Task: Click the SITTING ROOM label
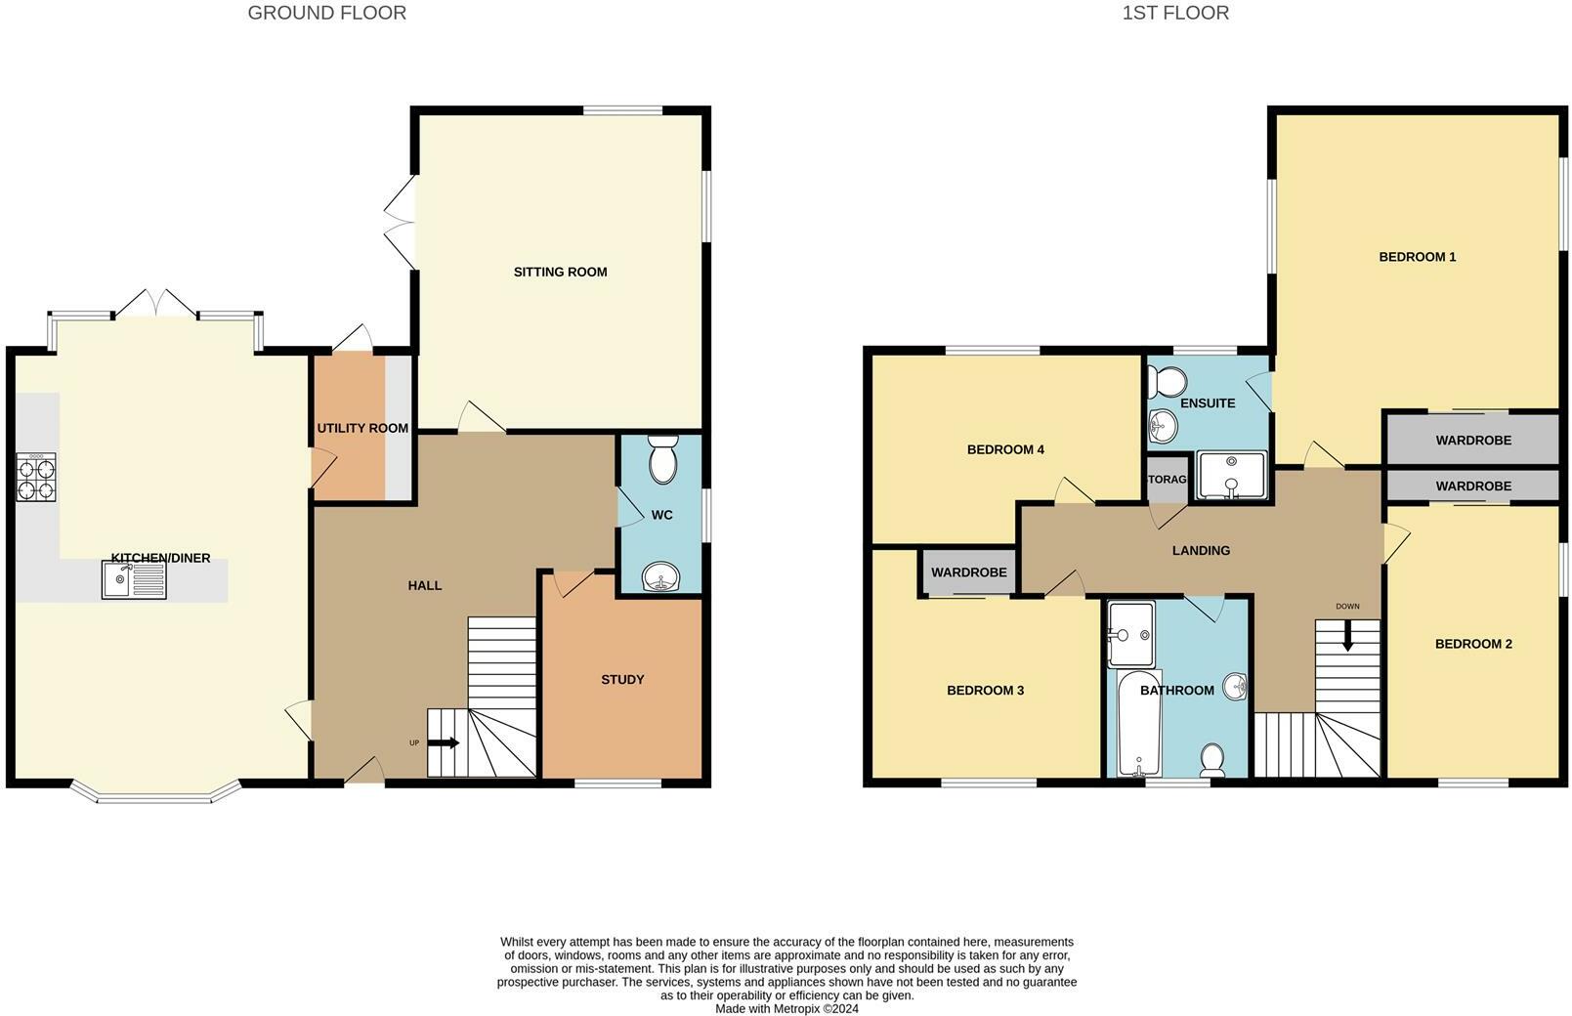point(560,272)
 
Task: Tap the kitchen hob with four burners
point(36,479)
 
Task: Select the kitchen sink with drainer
point(134,580)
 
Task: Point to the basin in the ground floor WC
point(663,577)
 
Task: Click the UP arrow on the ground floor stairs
point(444,743)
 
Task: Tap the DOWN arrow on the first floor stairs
point(1348,636)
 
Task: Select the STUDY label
point(622,679)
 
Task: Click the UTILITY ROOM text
point(362,428)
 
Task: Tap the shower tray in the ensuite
point(1231,475)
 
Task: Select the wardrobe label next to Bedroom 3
point(968,572)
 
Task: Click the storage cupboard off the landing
point(1166,481)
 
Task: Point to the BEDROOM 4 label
point(1005,449)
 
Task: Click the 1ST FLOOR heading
point(1175,13)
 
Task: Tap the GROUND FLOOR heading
point(326,13)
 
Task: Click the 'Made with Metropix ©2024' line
point(786,1008)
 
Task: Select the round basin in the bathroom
point(1235,687)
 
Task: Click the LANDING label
point(1201,550)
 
